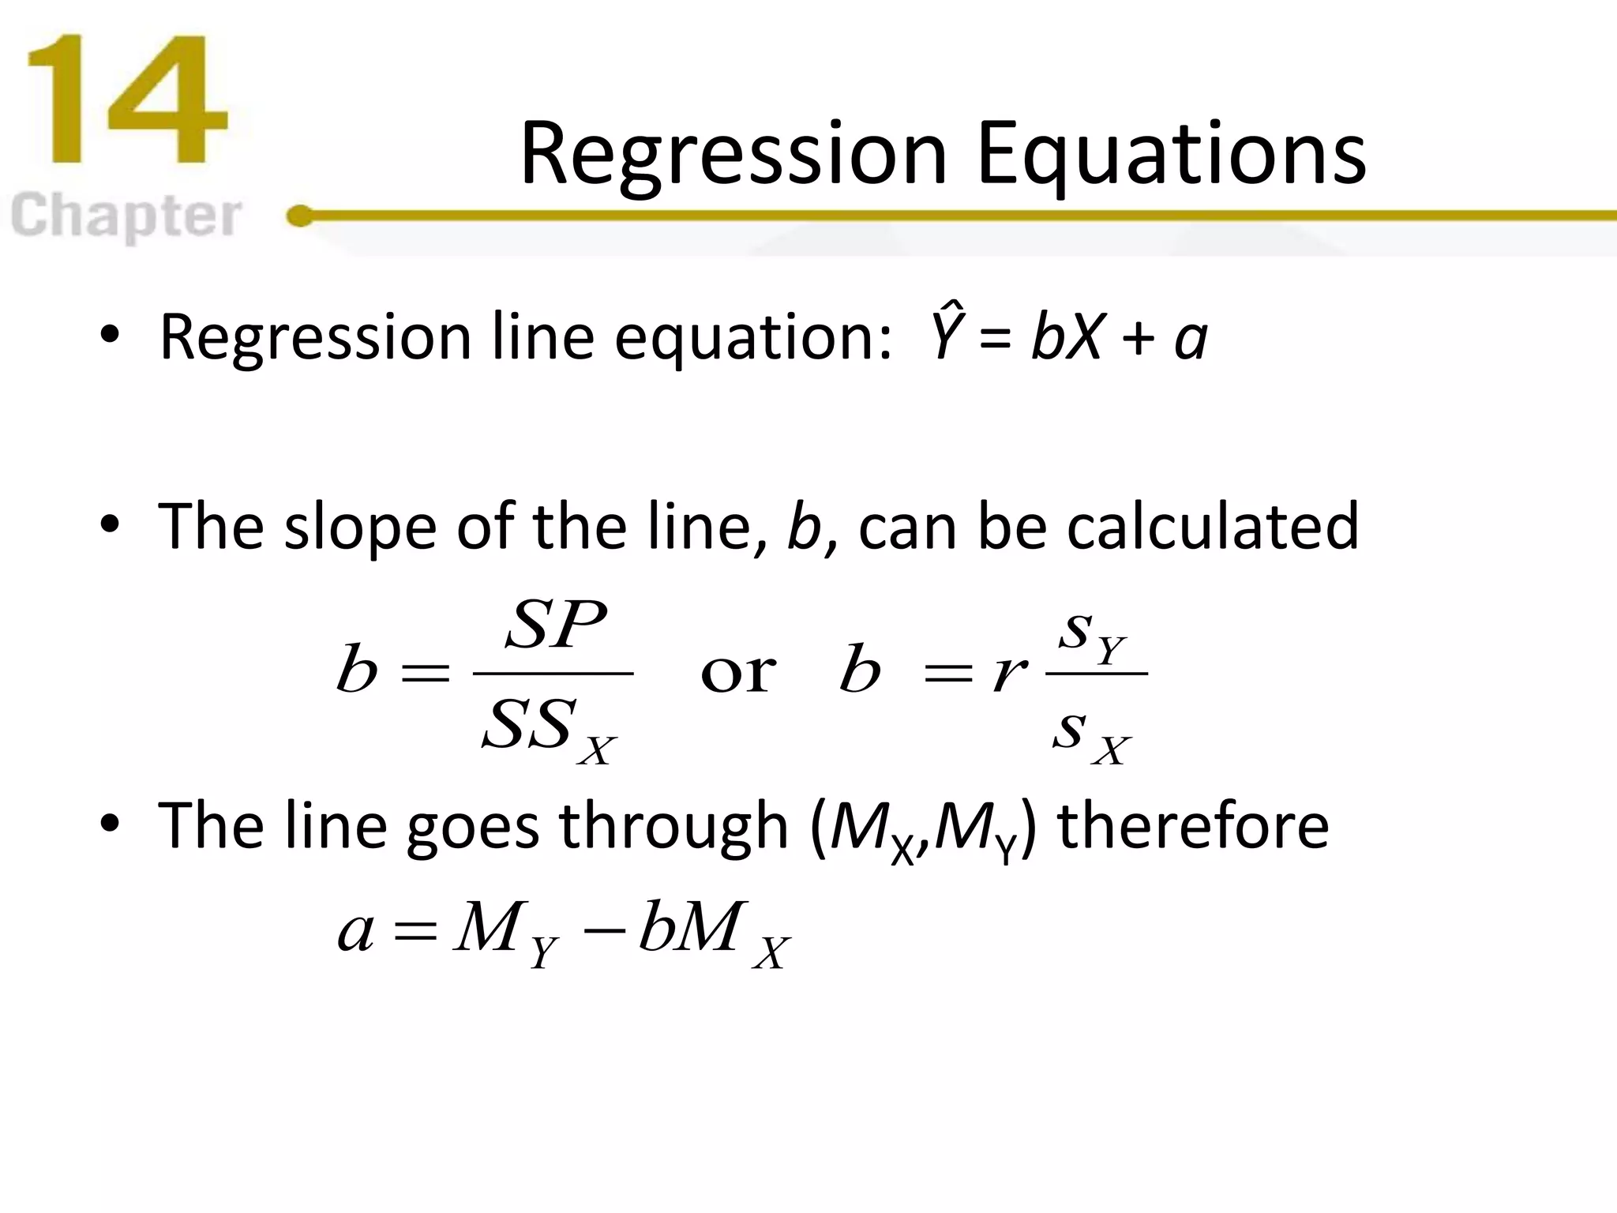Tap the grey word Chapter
126,216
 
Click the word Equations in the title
1171,154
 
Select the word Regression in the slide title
733,154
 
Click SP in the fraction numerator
556,625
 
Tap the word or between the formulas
738,673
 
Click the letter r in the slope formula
1010,673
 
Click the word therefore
1193,826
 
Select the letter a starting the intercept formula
355,930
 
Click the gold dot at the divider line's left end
300,216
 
